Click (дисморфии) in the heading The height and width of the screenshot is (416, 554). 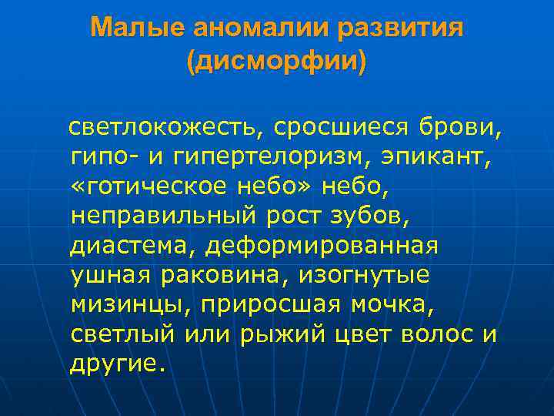point(277,61)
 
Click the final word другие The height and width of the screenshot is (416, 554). point(117,366)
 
